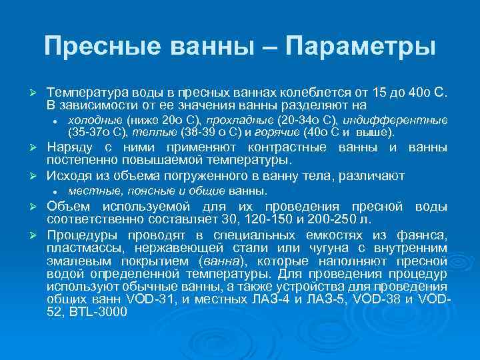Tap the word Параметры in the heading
tap(360, 46)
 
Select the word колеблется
tap(308, 93)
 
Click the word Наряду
tap(68, 147)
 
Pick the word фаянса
tap(423, 234)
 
